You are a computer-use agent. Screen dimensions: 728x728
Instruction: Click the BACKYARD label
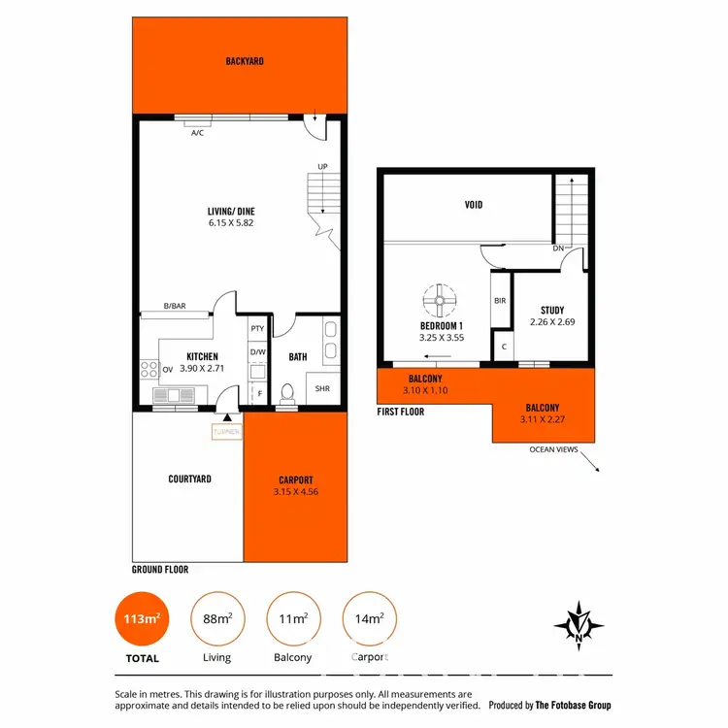coord(245,61)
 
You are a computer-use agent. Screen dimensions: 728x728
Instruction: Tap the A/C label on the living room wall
coord(197,132)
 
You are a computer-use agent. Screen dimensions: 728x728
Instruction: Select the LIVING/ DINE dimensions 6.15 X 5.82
coord(231,223)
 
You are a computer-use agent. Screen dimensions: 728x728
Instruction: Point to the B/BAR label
coord(175,307)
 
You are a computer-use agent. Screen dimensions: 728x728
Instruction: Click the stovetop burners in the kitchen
coord(150,369)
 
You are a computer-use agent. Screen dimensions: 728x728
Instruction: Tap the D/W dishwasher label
coord(257,351)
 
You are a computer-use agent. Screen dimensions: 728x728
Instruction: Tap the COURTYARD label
coord(189,479)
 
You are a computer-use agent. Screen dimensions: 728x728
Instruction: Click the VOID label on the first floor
coord(473,205)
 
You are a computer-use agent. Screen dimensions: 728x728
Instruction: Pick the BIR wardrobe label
coord(500,302)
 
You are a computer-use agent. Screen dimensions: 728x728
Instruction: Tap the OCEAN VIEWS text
coord(555,449)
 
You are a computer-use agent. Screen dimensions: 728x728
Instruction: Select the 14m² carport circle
coord(369,618)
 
